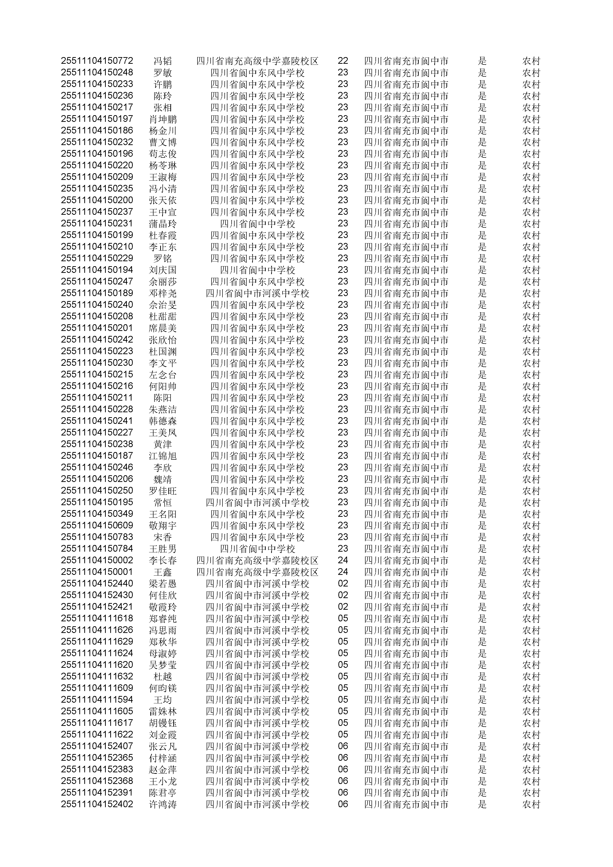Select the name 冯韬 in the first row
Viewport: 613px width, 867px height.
(x=163, y=61)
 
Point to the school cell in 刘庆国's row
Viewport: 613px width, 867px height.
(x=257, y=270)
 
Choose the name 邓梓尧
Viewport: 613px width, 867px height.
(x=163, y=293)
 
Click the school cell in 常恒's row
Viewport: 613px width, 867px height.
(x=257, y=503)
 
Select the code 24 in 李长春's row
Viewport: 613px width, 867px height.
(x=343, y=560)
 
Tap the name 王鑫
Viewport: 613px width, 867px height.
(x=163, y=572)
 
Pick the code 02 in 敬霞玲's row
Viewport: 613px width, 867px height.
(x=343, y=607)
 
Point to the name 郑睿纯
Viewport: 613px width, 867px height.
(x=163, y=619)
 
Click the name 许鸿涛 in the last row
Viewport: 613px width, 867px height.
(x=163, y=804)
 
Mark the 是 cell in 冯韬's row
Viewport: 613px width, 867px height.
(x=482, y=61)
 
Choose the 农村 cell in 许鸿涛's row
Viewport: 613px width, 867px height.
(x=531, y=804)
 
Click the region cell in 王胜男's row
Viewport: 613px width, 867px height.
(x=406, y=549)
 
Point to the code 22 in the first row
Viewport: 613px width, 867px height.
(x=343, y=61)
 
